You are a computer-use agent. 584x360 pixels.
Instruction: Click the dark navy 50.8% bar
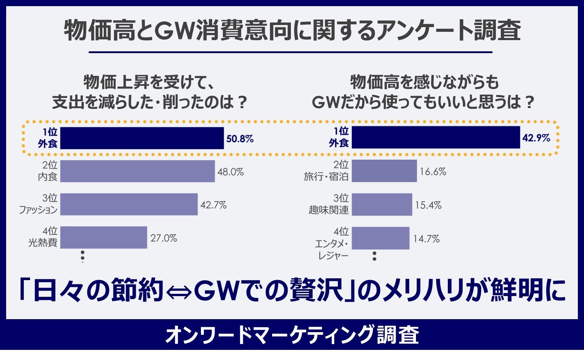click(x=142, y=138)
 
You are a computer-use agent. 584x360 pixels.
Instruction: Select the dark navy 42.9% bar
click(x=435, y=137)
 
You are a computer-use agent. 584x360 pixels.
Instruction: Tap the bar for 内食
click(x=137, y=171)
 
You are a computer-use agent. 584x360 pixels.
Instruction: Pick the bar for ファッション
click(x=129, y=204)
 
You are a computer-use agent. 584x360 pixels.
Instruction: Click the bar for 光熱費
click(x=103, y=237)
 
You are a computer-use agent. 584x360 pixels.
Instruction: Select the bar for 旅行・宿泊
click(x=384, y=171)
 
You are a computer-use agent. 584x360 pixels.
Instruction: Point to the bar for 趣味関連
click(x=382, y=205)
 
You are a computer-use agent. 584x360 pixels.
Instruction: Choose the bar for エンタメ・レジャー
click(x=380, y=238)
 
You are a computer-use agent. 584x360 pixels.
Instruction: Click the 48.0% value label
click(x=231, y=172)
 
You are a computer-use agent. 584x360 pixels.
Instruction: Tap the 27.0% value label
click(x=164, y=238)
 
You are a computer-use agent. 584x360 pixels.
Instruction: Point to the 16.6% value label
click(x=433, y=172)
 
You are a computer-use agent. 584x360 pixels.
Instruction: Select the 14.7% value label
click(x=426, y=239)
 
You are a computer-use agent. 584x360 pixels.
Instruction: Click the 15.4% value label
click(x=428, y=205)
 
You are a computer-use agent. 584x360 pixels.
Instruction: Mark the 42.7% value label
click(x=214, y=205)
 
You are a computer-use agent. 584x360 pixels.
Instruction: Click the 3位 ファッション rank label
click(x=38, y=204)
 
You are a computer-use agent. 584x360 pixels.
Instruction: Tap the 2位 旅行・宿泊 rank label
click(x=326, y=171)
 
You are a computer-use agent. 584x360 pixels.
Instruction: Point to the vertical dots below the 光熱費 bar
click(x=83, y=256)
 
